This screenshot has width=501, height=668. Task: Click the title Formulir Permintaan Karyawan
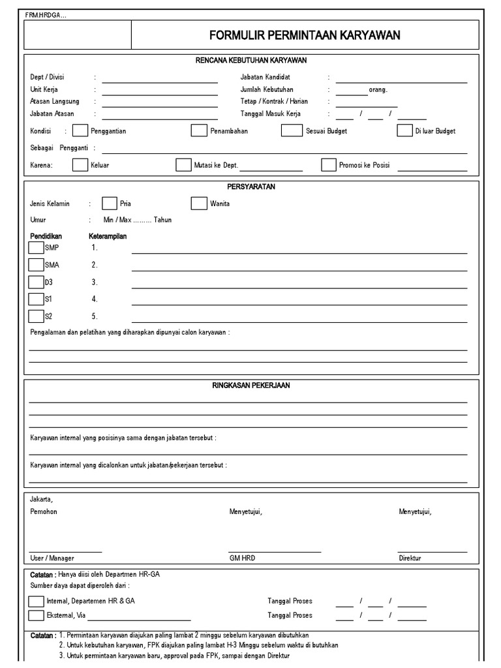(305, 35)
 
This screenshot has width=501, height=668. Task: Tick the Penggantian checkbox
(80, 130)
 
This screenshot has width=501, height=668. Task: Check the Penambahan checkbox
(198, 130)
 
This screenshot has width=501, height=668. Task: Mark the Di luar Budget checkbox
(404, 130)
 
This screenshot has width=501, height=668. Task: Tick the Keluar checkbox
(80, 165)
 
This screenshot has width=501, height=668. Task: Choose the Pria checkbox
(110, 203)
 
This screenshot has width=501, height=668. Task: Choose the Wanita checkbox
(198, 203)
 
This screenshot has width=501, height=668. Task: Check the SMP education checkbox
(36, 248)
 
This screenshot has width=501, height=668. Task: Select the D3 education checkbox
(36, 282)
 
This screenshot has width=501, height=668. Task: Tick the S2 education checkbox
(36, 316)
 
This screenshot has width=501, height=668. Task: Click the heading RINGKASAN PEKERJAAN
(251, 386)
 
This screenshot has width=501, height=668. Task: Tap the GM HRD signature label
(242, 558)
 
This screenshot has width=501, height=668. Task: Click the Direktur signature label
(410, 558)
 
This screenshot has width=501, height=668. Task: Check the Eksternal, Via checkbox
(37, 615)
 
